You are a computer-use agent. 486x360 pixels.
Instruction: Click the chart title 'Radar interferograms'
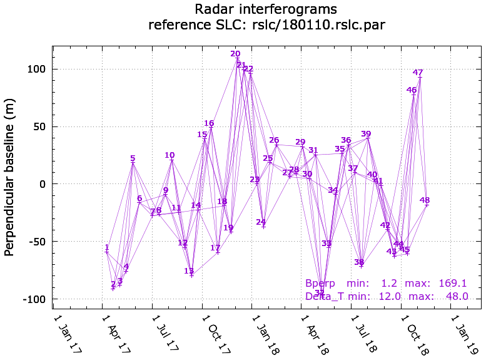[x=266, y=9]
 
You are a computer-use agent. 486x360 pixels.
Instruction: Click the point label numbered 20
[x=235, y=54]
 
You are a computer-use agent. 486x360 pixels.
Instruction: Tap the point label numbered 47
[x=418, y=73]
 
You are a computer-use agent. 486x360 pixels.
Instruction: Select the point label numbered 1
[x=107, y=248]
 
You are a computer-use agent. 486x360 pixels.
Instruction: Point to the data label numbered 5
[x=133, y=158]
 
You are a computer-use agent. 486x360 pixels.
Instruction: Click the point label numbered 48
[x=425, y=200]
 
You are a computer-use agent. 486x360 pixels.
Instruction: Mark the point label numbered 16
[x=209, y=123]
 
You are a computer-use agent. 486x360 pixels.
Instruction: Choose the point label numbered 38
[x=359, y=262]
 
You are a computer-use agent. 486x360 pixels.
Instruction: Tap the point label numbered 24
[x=261, y=222]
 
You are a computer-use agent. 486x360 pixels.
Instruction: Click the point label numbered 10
[x=170, y=155]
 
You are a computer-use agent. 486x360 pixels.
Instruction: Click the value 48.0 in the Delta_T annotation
[x=457, y=296]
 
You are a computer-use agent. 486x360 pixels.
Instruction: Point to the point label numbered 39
[x=366, y=134]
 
